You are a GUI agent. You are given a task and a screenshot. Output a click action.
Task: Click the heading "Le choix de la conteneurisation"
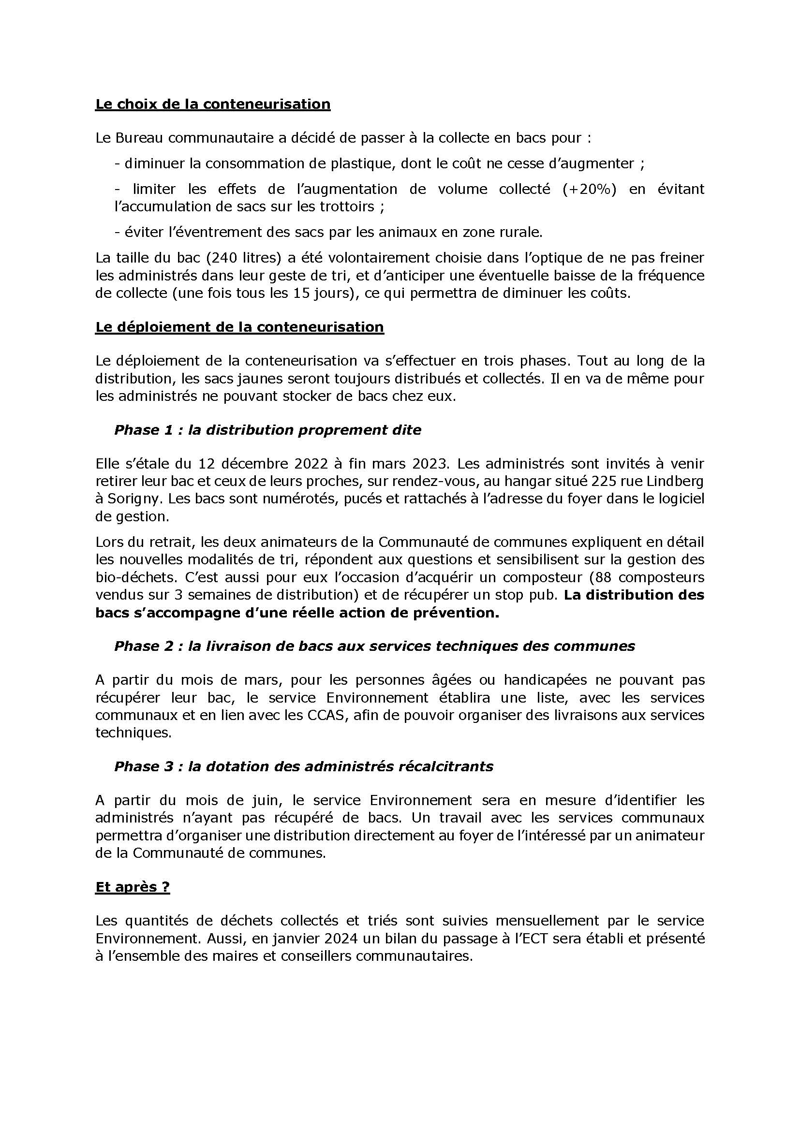213,104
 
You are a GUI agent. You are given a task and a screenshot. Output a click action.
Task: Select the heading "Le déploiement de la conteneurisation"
239,327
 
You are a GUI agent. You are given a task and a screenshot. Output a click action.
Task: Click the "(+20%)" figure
589,189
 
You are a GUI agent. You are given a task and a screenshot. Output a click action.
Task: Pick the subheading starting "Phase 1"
267,430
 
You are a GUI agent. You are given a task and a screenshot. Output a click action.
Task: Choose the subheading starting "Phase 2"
374,646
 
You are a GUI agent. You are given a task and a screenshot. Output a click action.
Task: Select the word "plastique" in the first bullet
358,163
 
